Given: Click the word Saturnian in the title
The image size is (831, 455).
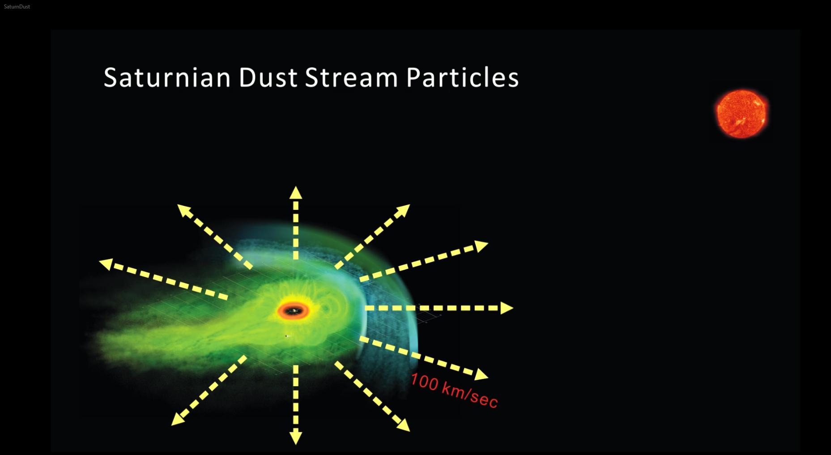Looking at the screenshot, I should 167,77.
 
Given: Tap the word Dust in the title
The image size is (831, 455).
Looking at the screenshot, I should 268,77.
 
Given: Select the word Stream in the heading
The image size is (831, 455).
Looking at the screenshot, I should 351,77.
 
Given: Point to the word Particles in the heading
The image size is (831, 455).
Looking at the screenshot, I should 462,77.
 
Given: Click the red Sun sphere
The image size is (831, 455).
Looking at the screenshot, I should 742,114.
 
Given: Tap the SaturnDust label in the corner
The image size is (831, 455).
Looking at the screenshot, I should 17,7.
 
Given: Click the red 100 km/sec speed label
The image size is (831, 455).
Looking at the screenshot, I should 454,391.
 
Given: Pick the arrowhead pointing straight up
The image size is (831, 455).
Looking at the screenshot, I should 296,193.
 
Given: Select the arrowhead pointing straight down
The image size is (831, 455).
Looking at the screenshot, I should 296,438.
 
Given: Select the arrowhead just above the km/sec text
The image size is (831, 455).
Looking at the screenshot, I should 482,374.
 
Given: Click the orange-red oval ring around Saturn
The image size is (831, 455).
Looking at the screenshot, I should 293,311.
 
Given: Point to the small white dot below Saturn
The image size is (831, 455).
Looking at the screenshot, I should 286,336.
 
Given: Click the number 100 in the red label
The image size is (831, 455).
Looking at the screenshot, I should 424,382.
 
